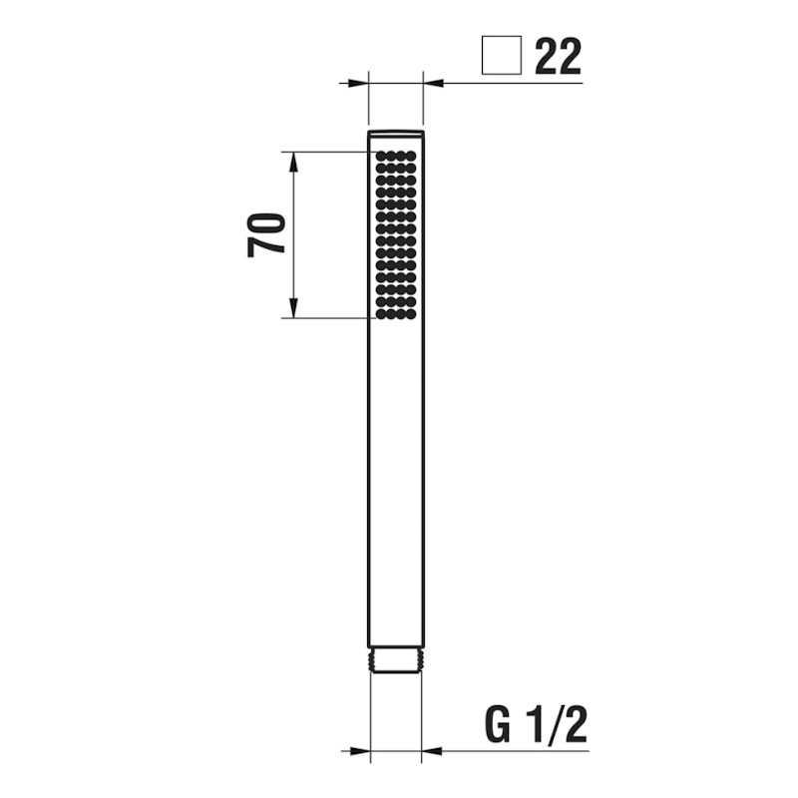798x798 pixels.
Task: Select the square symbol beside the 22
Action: (x=501, y=56)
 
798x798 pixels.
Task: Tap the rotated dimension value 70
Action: (x=267, y=235)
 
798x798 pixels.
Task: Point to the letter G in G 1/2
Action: (x=502, y=725)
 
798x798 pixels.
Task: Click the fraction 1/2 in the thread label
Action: (x=560, y=725)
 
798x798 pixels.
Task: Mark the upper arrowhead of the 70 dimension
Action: (x=293, y=162)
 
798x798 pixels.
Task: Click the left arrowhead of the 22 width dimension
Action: (x=360, y=83)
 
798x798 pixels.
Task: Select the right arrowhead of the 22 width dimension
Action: (x=433, y=83)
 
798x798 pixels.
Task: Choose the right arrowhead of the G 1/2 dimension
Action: (x=431, y=750)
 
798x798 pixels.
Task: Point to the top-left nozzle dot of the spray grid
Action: (x=381, y=157)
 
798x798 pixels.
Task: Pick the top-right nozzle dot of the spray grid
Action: (x=411, y=157)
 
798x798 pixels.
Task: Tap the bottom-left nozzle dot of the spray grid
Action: (x=381, y=314)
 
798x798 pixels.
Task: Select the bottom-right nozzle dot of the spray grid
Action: (x=411, y=314)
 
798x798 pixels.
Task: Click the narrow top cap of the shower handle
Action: (x=396, y=133)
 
